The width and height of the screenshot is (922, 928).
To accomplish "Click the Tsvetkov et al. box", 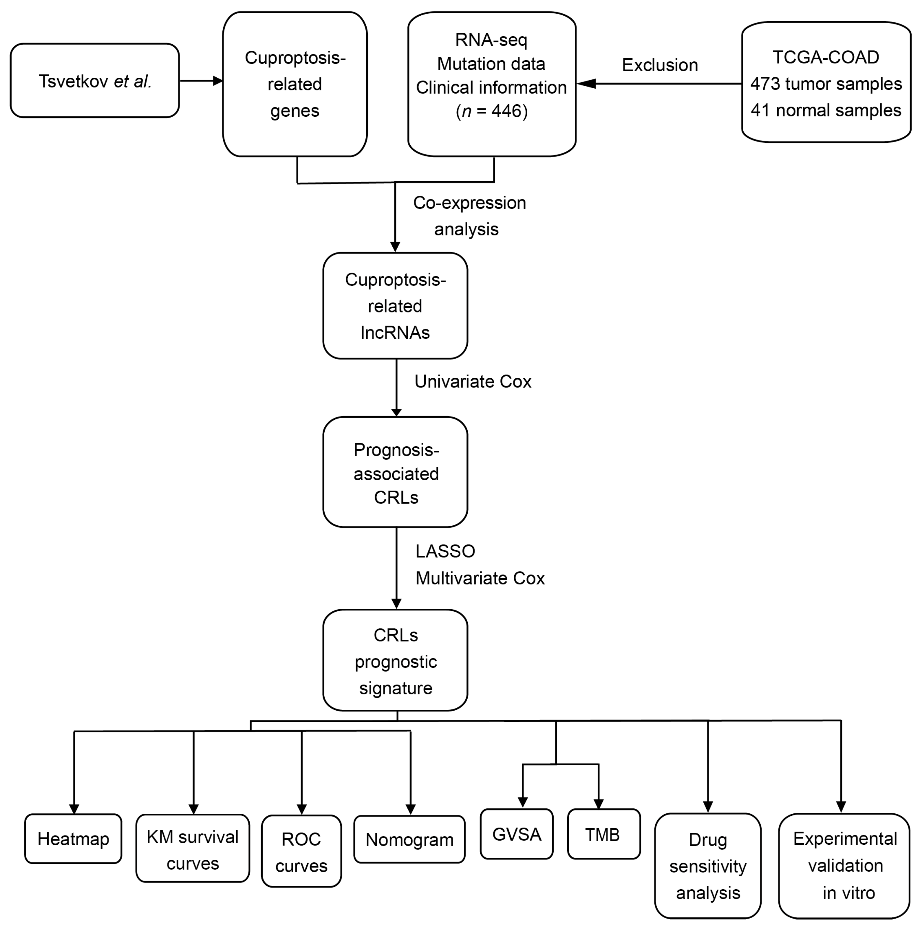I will tap(95, 81).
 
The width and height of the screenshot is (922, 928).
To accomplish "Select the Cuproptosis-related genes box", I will tap(295, 84).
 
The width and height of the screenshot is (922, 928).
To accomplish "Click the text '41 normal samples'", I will tap(825, 110).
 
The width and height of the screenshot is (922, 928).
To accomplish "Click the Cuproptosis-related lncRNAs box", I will tap(395, 306).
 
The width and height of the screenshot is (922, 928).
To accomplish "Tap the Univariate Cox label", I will tap(472, 381).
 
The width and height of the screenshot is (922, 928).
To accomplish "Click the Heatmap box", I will tap(73, 839).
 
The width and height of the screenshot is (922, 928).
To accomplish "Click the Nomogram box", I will tap(409, 840).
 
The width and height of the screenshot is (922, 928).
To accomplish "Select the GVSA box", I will tap(516, 835).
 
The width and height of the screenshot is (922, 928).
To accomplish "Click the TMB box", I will tap(604, 835).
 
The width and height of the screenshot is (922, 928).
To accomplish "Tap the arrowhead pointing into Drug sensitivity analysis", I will tap(708, 807).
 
